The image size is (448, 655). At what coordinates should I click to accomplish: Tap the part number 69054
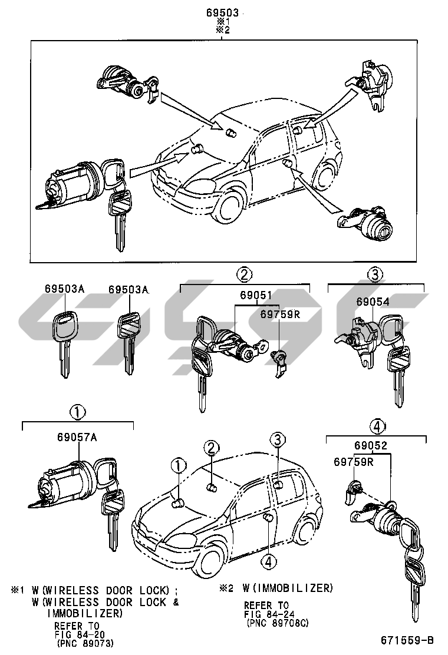pyautogui.click(x=372, y=301)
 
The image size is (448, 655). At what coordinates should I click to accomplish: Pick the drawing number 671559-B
pyautogui.click(x=407, y=640)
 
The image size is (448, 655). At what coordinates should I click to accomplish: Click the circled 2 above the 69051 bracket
pyautogui.click(x=245, y=274)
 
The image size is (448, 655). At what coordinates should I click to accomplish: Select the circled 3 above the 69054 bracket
pyautogui.click(x=375, y=274)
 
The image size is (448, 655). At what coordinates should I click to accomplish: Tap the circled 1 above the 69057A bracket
pyautogui.click(x=78, y=411)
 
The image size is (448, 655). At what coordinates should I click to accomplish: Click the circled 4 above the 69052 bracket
pyautogui.click(x=377, y=426)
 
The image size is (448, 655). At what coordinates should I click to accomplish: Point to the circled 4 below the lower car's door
pyautogui.click(x=268, y=563)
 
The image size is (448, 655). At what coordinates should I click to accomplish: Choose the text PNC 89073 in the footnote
pyautogui.click(x=85, y=643)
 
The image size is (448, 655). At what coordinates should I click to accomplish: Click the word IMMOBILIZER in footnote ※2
pyautogui.click(x=303, y=588)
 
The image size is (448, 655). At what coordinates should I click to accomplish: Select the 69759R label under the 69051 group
pyautogui.click(x=281, y=314)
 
